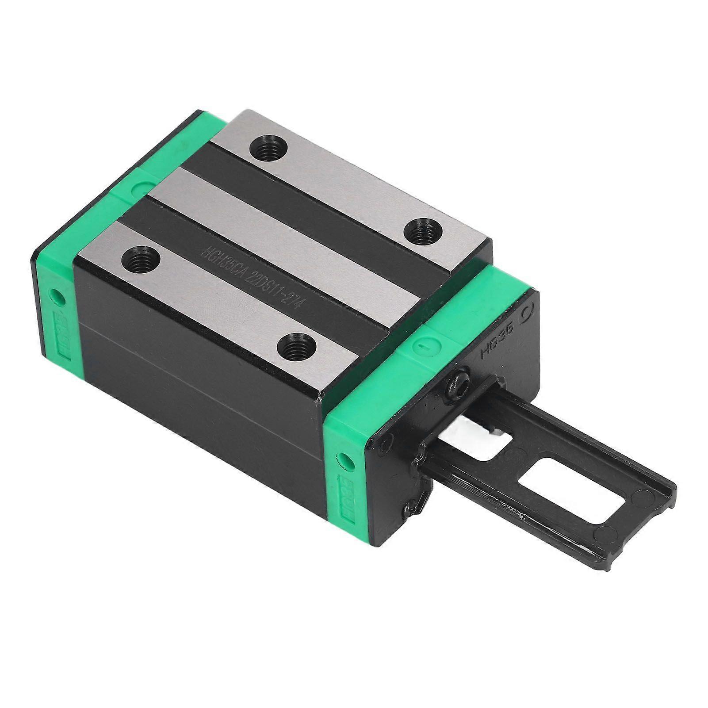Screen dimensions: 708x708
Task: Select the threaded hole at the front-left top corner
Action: pyautogui.click(x=137, y=258)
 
